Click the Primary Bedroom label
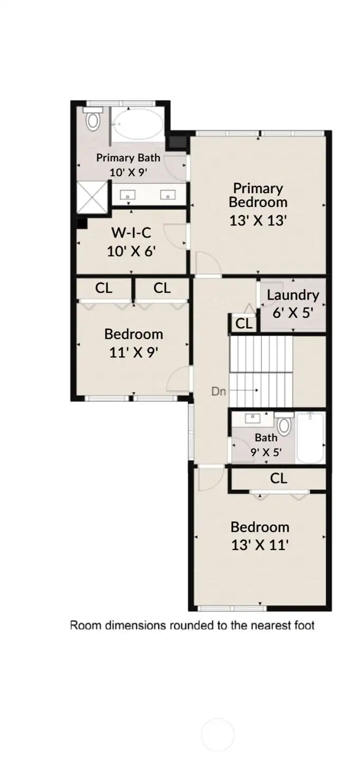pos(258,195)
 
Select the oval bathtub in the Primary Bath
pos(139,125)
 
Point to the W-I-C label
pos(131,232)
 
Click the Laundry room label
pos(292,295)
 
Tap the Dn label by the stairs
pos(219,391)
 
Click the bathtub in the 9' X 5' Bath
pos(310,438)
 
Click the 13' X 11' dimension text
pos(259,545)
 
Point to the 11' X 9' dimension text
pos(134,352)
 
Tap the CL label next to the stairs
pos(244,324)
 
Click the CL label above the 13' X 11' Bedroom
pos(279,478)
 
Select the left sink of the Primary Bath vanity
pos(128,195)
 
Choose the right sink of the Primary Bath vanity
pos(168,195)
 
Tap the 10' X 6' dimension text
pos(131,251)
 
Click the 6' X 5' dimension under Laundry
pos(293,312)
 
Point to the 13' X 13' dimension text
pos(258,221)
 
